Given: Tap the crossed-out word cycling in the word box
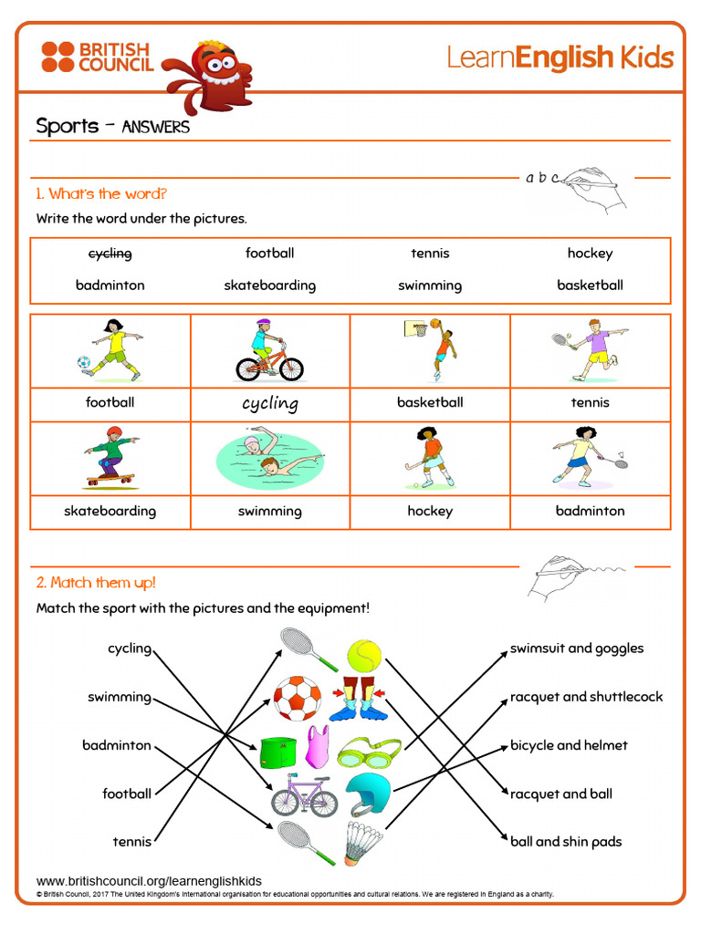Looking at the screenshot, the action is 110,254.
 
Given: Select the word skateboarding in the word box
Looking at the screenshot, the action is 270,285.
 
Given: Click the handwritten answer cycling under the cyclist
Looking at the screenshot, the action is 270,403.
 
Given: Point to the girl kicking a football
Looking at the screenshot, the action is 111,350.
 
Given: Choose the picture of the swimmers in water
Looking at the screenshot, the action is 270,458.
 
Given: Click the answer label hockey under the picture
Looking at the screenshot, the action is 430,511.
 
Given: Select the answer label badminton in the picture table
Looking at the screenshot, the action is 591,511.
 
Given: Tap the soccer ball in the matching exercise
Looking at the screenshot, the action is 297,698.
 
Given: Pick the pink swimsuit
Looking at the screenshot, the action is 318,747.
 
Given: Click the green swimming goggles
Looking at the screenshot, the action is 369,752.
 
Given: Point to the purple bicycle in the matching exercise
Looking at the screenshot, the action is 304,795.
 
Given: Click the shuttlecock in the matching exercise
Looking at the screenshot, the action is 363,844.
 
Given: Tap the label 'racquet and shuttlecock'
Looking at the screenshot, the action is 587,697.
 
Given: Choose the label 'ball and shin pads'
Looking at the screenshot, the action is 566,842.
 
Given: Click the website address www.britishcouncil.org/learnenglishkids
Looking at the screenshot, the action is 149,881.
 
